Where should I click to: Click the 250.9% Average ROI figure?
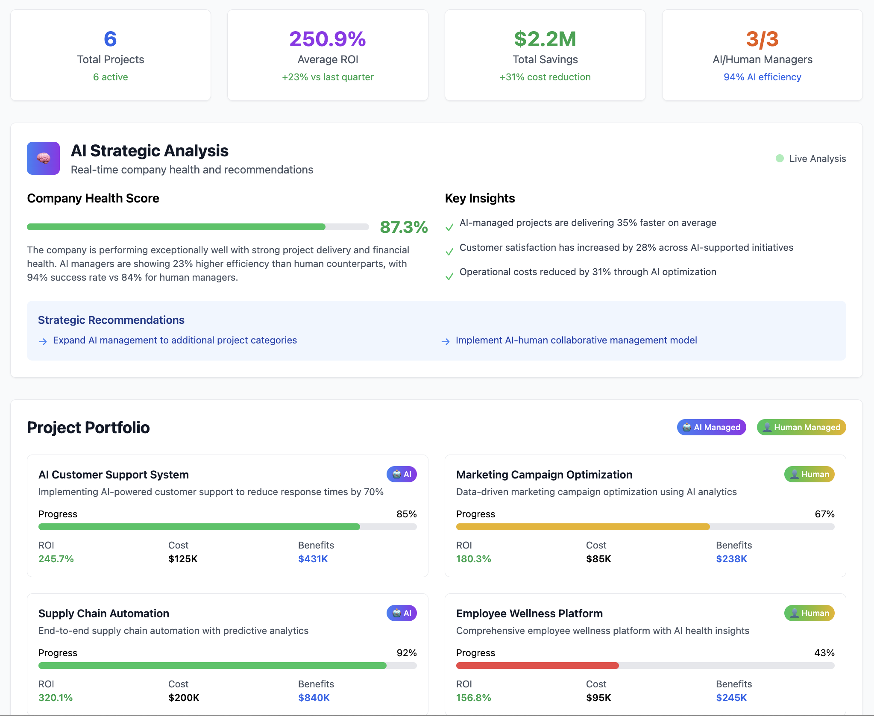(328, 39)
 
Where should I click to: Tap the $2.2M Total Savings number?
(545, 39)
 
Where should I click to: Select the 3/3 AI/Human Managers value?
(762, 39)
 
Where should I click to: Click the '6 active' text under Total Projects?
(110, 77)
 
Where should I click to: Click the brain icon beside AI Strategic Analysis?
(43, 158)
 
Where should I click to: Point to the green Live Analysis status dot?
(780, 158)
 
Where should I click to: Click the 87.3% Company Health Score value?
(404, 227)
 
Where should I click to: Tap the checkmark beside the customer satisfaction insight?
(449, 252)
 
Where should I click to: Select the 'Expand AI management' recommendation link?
(175, 340)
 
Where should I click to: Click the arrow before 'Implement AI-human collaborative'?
(445, 341)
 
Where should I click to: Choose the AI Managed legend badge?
(711, 427)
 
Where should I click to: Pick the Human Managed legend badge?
(801, 427)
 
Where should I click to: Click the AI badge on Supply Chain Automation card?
(402, 613)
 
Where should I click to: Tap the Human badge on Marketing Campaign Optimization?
(809, 474)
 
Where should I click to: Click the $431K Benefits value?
(313, 559)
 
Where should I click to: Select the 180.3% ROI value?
(473, 559)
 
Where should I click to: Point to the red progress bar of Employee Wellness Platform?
(537, 666)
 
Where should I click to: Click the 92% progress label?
(406, 653)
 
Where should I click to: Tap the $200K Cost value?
(184, 698)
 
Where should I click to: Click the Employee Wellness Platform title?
(529, 613)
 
